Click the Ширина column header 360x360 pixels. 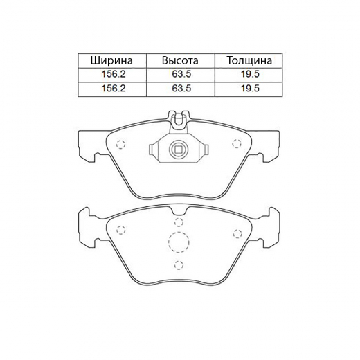pos(111,61)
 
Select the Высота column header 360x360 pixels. pos(180,60)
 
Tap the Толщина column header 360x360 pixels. pos(249,60)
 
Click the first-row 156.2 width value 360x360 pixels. pos(114,74)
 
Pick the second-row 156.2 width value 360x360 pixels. pos(114,89)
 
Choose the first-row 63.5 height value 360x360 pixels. pos(181,74)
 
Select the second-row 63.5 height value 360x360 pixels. pos(181,89)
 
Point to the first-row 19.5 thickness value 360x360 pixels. pos(250,74)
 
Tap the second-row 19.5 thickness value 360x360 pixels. pos(250,89)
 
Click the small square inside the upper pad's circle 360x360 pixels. pos(178,150)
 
